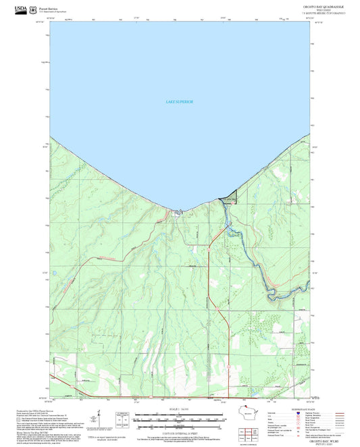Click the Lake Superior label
180,102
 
